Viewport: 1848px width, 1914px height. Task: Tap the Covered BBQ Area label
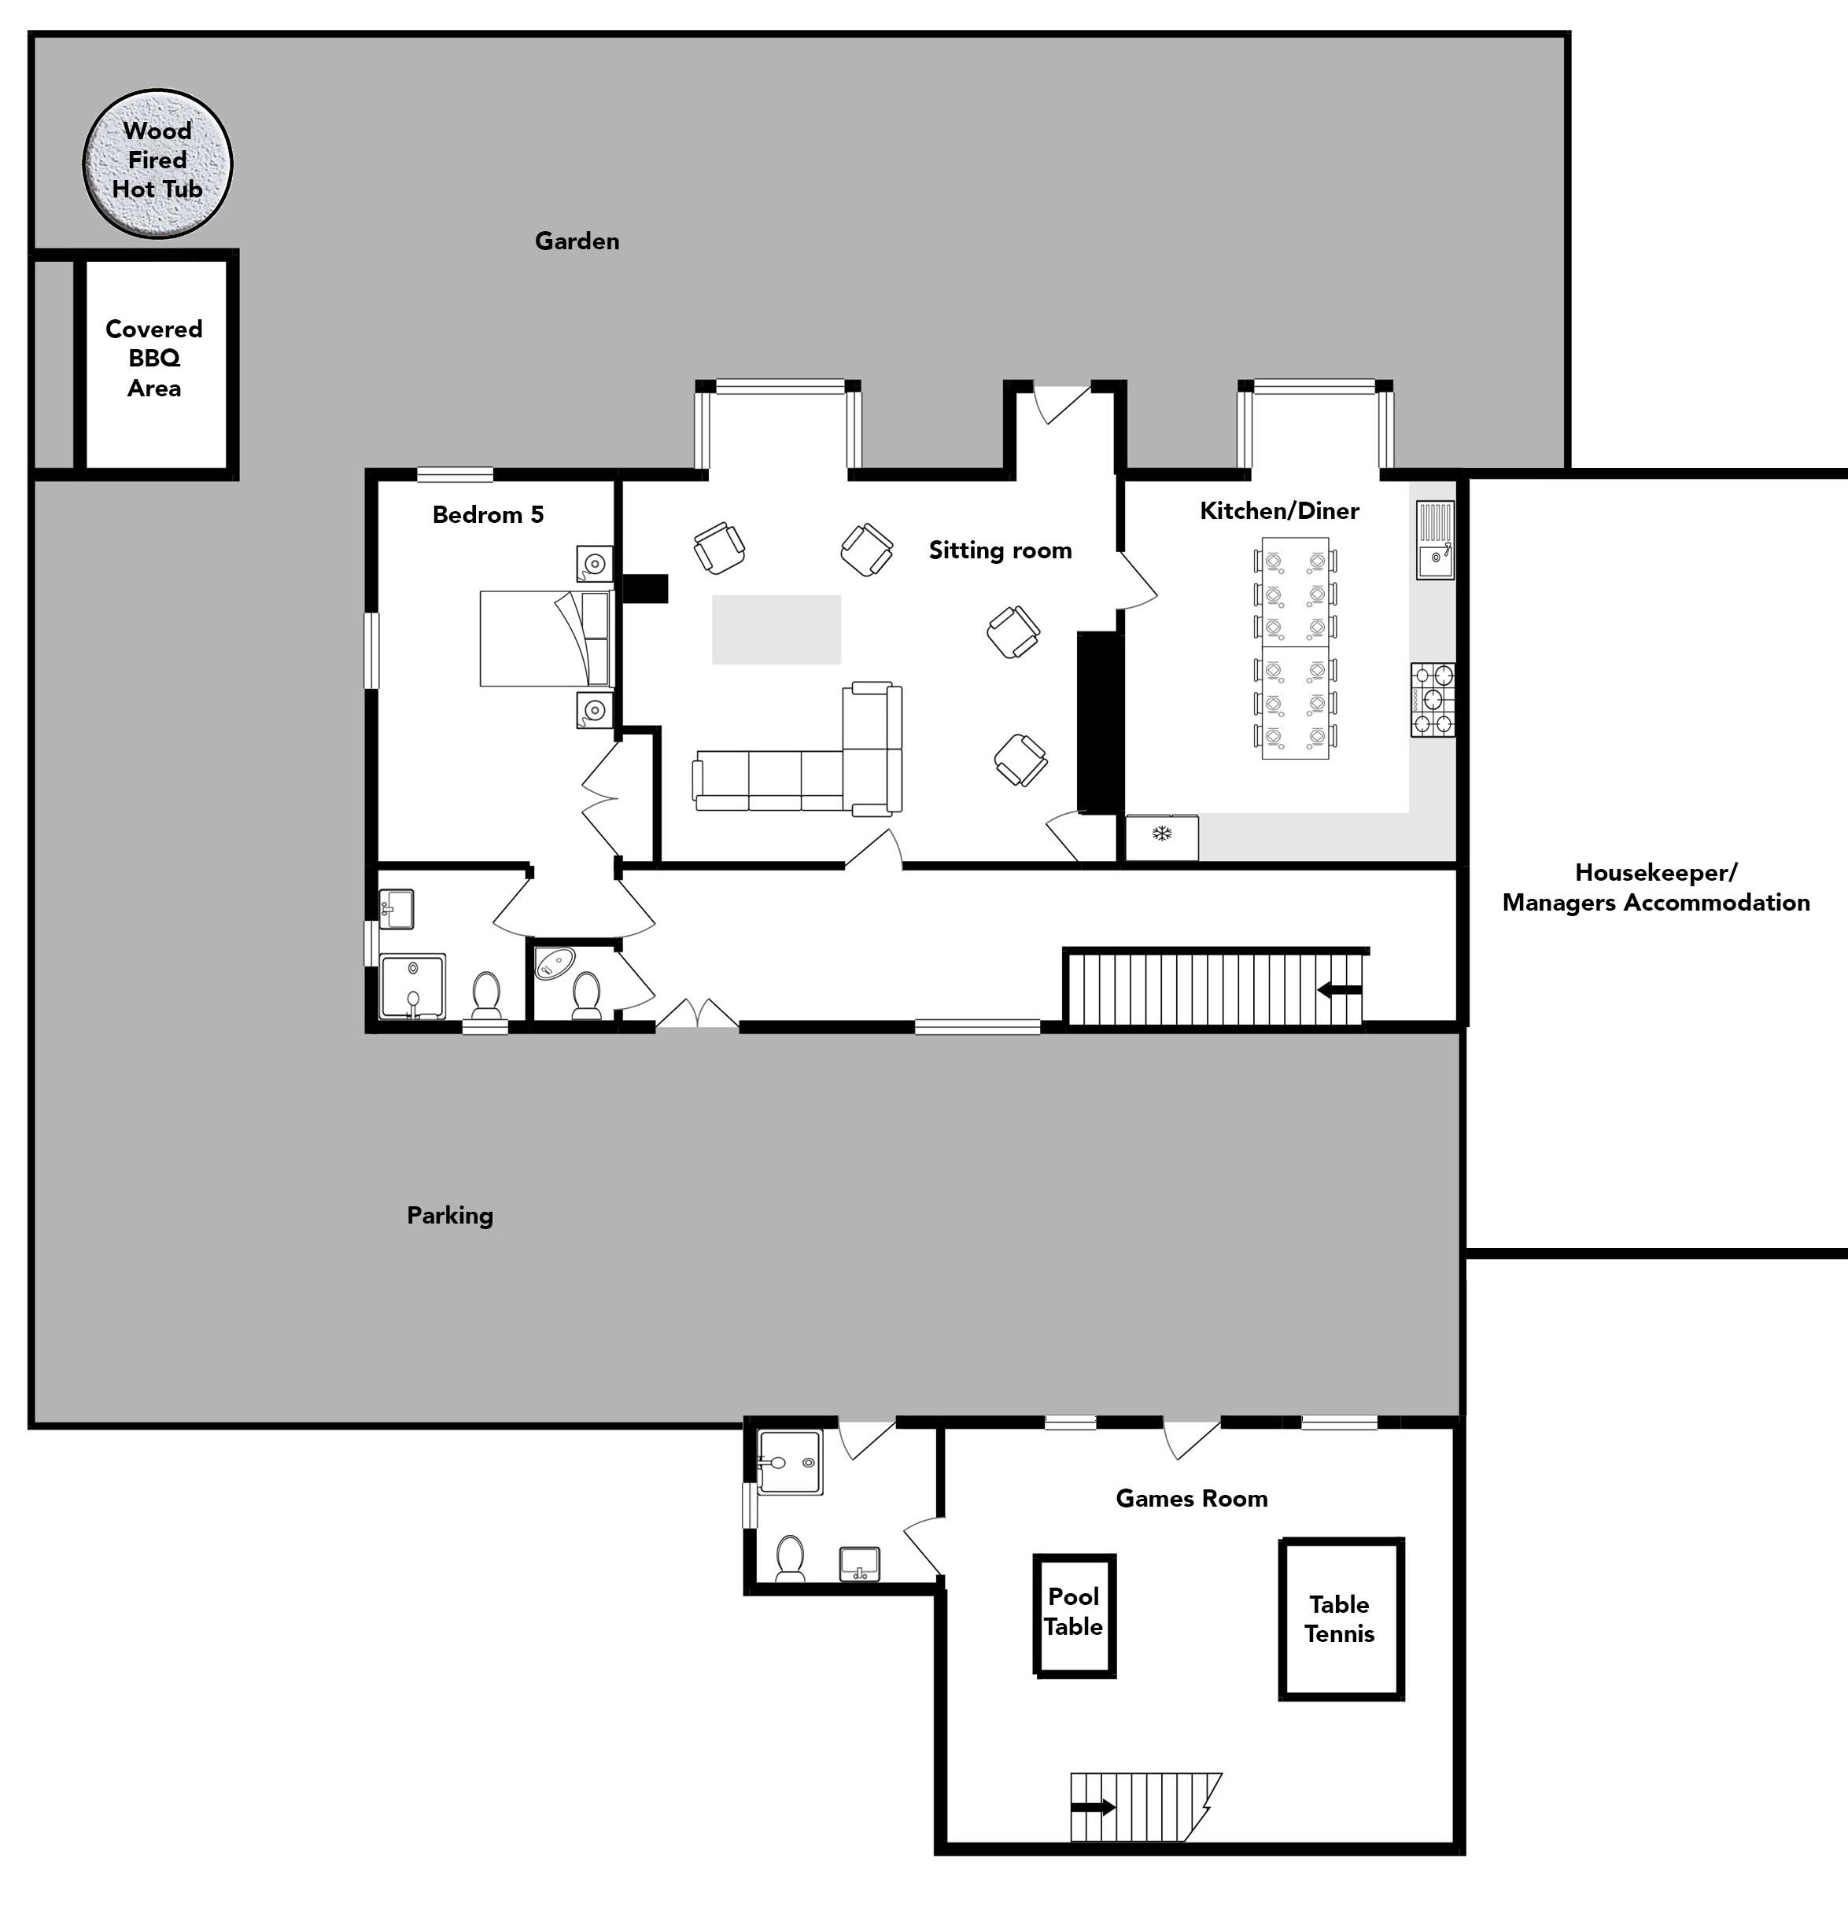154,359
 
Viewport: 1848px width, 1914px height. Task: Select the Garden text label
577,241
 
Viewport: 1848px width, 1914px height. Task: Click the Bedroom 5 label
489,514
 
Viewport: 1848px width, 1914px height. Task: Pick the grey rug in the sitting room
776,630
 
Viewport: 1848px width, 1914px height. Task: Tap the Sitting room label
1000,550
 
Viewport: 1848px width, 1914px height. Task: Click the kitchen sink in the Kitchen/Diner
1434,541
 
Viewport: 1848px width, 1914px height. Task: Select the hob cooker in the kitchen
1432,699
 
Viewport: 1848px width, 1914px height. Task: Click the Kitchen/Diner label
1279,510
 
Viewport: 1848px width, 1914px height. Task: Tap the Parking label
450,1216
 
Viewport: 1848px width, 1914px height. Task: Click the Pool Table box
1075,1616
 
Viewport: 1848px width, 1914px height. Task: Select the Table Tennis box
1341,1619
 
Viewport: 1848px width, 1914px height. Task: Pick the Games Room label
1192,1499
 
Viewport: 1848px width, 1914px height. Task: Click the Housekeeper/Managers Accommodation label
1657,888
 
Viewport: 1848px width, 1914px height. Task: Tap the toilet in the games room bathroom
790,1559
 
